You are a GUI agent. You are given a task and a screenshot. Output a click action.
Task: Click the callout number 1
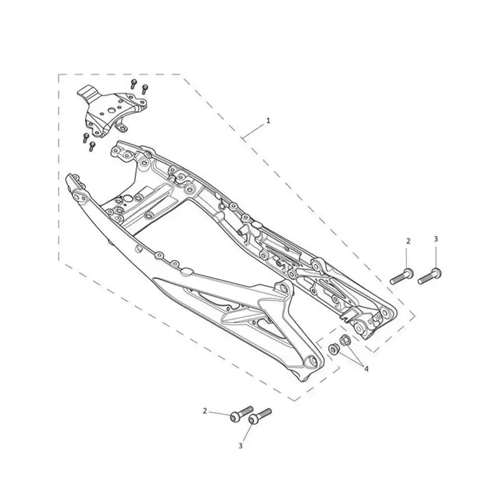[268, 121]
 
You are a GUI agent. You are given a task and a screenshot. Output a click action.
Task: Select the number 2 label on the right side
[409, 241]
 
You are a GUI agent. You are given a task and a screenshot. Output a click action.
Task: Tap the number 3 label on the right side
[435, 239]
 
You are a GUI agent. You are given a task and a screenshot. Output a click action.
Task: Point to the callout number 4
[366, 369]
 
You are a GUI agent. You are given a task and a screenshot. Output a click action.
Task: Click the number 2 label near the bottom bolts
[205, 411]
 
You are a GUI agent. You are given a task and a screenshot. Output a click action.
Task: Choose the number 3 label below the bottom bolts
[241, 446]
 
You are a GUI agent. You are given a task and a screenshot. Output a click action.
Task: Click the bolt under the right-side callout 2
[402, 276]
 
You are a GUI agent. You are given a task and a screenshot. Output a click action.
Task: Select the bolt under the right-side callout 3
[429, 276]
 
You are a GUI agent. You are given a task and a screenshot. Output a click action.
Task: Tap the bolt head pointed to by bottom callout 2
[235, 417]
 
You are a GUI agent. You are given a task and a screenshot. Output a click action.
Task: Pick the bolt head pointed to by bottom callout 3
[254, 420]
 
